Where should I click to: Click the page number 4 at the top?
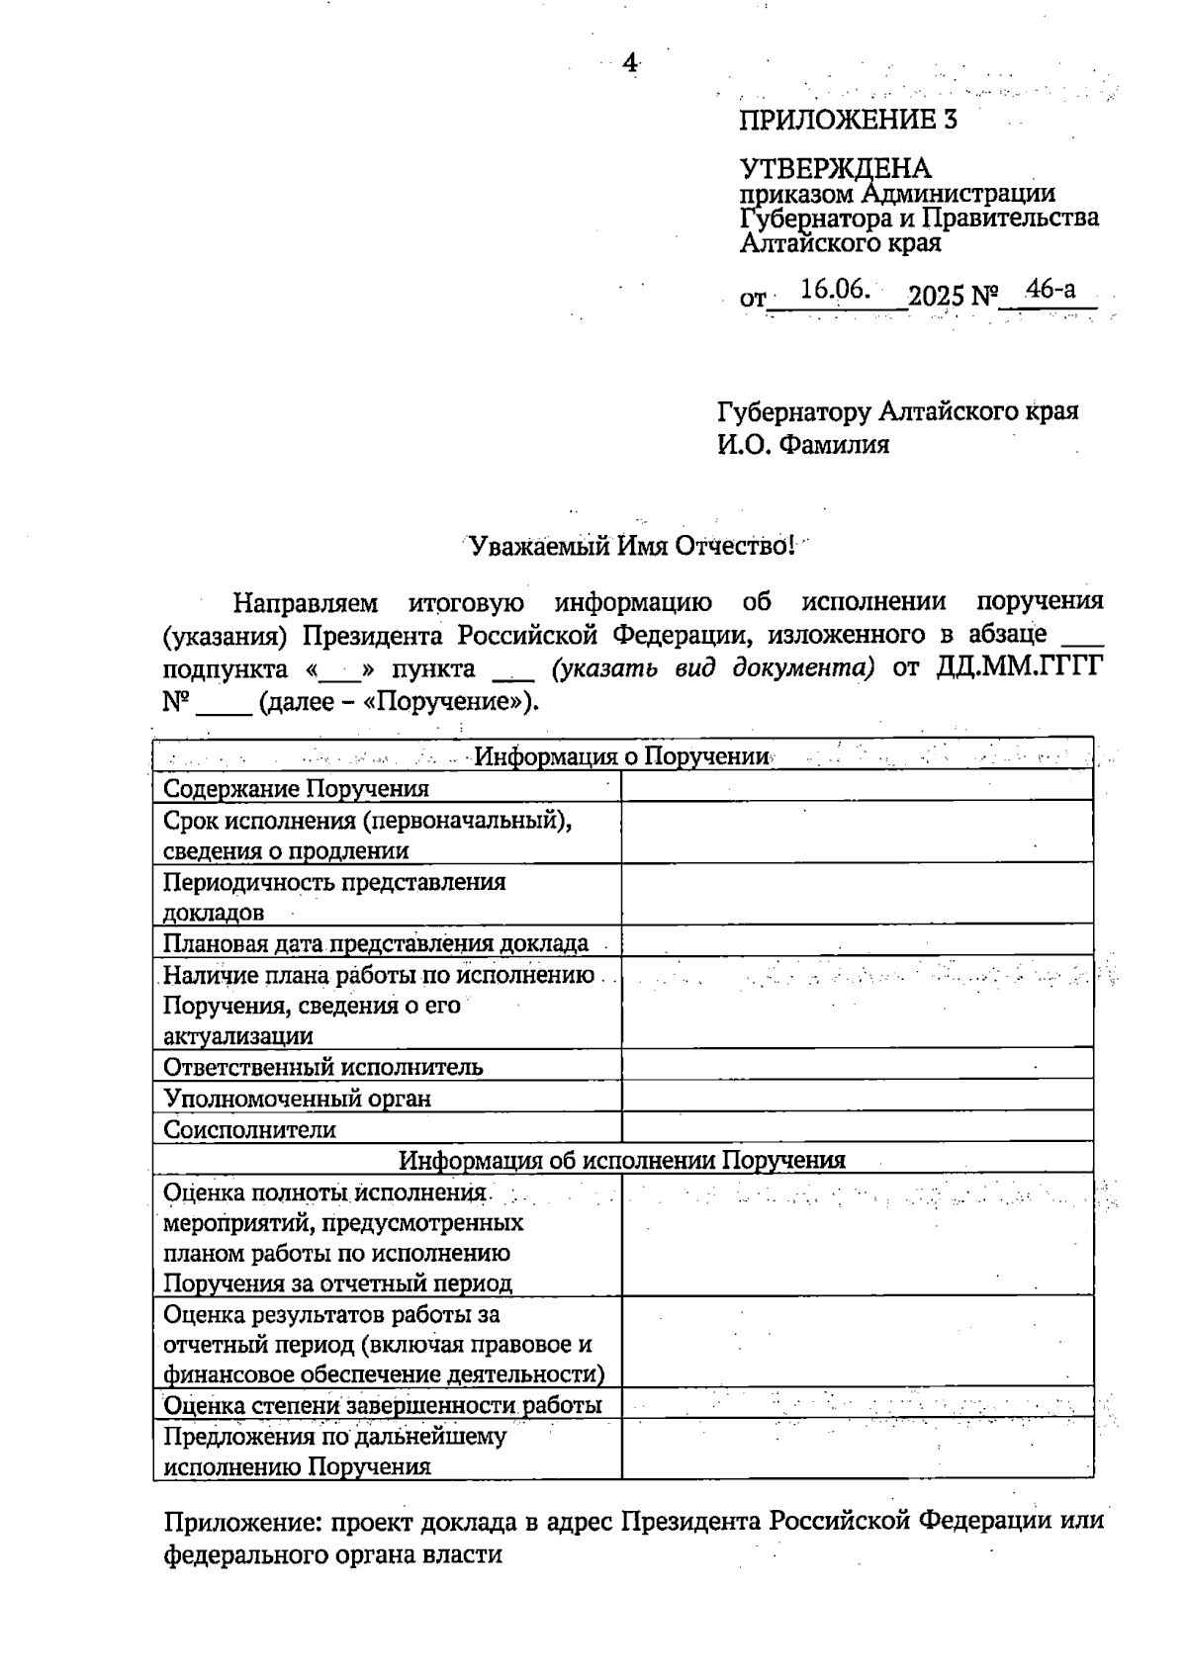[x=629, y=63]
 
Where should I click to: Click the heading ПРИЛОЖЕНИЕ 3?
[x=848, y=121]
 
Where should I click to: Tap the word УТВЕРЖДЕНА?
[x=835, y=168]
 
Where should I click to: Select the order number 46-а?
[x=1050, y=290]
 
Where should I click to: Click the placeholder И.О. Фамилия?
[x=803, y=445]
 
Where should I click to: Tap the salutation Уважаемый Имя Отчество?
[x=631, y=546]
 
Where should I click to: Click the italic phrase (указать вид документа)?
[x=713, y=668]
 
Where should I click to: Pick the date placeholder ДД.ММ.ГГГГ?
[x=1019, y=668]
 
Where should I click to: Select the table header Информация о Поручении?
[x=622, y=757]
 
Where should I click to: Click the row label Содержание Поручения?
[x=296, y=788]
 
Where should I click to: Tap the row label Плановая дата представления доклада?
[x=376, y=943]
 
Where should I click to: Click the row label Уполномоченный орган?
[x=297, y=1099]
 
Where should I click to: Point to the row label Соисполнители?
[x=249, y=1129]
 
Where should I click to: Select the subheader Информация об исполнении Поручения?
[x=622, y=1160]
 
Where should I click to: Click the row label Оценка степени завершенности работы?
[x=383, y=1405]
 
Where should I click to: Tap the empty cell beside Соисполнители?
[x=857, y=1128]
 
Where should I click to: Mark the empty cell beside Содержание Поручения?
[x=857, y=787]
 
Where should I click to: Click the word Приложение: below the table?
[x=241, y=1522]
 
